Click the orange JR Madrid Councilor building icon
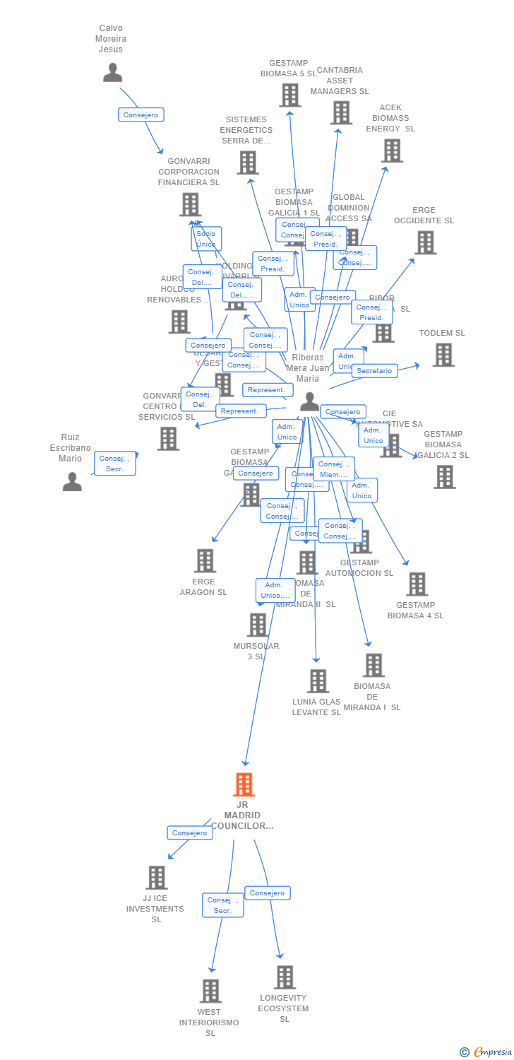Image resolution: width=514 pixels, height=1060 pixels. (244, 784)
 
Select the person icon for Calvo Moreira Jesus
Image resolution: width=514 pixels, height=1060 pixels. (112, 72)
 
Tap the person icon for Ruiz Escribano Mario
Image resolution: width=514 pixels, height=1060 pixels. (72, 482)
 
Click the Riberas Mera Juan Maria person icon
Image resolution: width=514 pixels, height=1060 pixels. (309, 401)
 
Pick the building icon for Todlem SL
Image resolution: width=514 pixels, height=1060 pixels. (443, 355)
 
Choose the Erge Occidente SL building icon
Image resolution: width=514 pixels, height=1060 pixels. (425, 242)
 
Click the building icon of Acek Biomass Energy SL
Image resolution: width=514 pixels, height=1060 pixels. (392, 151)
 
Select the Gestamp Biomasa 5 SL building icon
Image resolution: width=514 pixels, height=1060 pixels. (290, 95)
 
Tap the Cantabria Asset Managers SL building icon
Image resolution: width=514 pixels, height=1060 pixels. (341, 112)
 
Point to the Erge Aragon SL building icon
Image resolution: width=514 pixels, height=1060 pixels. (205, 560)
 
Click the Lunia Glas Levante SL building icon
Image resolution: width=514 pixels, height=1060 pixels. (318, 681)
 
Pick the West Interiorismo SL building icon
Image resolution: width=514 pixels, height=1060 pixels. (210, 991)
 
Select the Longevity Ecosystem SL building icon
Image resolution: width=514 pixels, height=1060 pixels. (285, 977)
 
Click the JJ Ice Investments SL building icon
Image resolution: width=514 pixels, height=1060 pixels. (156, 878)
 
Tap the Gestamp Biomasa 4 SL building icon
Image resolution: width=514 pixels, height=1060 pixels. (417, 584)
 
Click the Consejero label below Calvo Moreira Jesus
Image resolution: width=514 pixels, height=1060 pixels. (141, 114)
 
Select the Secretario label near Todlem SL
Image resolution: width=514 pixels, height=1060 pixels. (374, 371)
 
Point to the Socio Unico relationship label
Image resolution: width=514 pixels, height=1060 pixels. (206, 239)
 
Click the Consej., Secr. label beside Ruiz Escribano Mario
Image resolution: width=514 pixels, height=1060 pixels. (115, 464)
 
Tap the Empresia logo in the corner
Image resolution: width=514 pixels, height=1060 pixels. (486, 1052)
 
